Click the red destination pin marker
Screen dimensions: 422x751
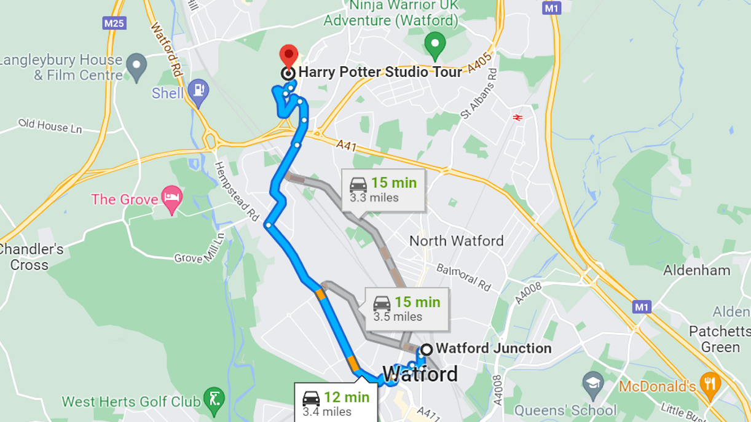coord(288,55)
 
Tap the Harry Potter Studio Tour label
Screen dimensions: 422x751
coord(380,72)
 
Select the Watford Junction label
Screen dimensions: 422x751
coord(493,348)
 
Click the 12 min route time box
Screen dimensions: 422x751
coord(336,403)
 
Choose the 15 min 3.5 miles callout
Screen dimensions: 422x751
coord(407,309)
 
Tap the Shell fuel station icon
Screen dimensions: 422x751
coord(198,89)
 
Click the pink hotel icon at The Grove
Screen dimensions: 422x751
coord(172,197)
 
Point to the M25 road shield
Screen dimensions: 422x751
coord(114,23)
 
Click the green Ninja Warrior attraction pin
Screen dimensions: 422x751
coord(435,43)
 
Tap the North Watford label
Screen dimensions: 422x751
coord(456,241)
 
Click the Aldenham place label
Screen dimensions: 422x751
coord(696,270)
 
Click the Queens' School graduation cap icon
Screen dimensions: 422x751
coord(593,382)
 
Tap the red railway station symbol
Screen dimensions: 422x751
coord(517,117)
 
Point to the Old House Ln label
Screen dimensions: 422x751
coord(50,126)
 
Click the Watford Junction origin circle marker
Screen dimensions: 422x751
coord(425,349)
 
